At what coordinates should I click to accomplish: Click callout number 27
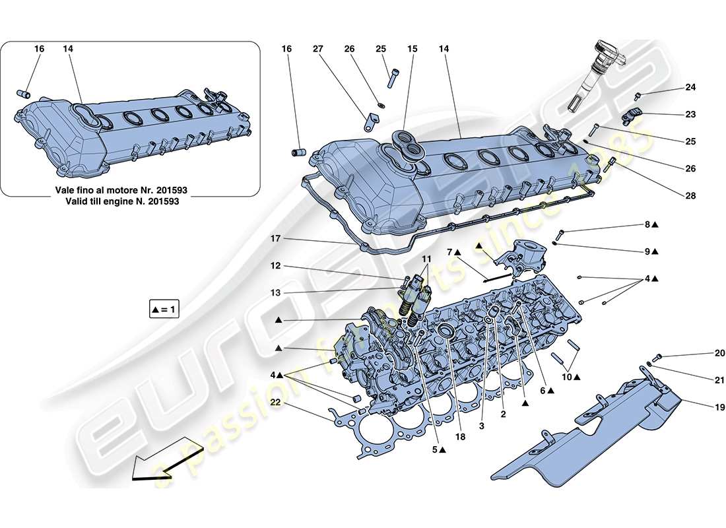click(317, 49)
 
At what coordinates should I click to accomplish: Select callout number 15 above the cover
click(412, 49)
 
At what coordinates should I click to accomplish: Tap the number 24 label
click(690, 87)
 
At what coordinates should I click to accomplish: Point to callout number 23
click(690, 114)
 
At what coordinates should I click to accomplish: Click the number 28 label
click(690, 196)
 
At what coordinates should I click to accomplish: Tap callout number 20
click(720, 353)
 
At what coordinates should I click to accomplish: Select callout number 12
click(276, 265)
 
